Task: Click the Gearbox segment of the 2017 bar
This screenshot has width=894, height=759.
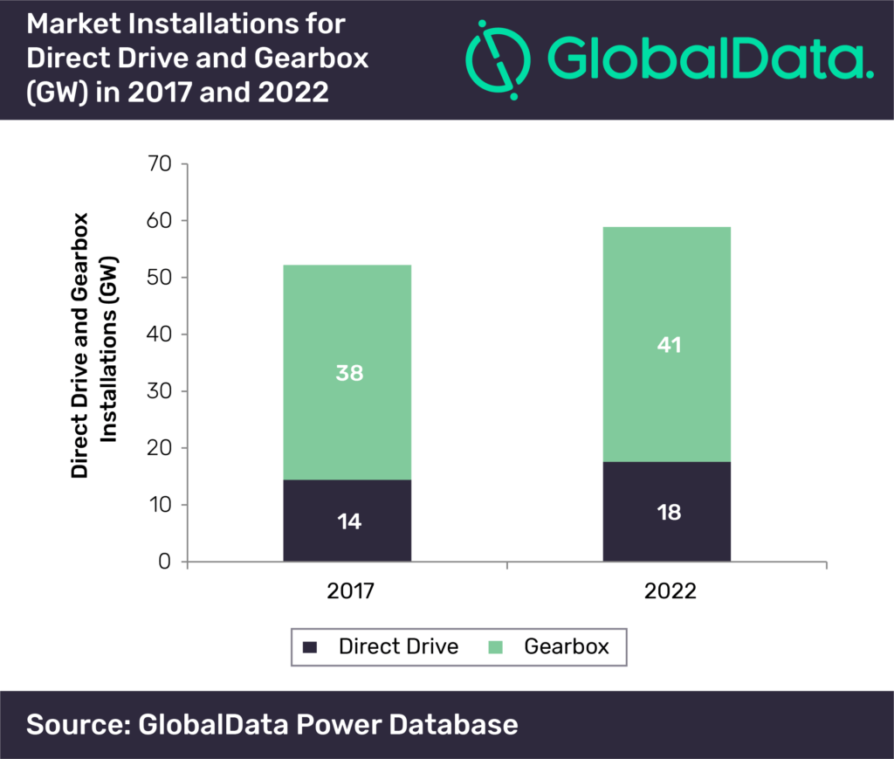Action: (347, 372)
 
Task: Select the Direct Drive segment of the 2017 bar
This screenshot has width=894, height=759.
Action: (347, 521)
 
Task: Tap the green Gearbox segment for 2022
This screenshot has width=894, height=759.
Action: (666, 344)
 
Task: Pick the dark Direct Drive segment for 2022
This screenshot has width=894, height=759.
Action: (666, 512)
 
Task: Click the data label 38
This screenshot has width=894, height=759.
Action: (349, 373)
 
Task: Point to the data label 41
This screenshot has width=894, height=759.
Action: (670, 344)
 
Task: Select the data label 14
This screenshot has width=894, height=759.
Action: (349, 521)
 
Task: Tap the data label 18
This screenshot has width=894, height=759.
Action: (669, 512)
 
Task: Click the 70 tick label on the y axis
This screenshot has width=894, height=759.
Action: (159, 163)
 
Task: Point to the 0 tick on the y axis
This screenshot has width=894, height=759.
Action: (165, 562)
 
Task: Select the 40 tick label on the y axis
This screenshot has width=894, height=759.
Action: (159, 335)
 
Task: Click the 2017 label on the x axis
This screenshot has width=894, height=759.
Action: (350, 590)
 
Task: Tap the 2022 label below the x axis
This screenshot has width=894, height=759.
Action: (670, 590)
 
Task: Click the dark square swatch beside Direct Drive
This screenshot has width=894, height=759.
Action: (310, 647)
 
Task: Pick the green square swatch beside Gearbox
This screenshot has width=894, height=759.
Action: (496, 647)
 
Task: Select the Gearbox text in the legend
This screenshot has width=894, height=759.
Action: (567, 646)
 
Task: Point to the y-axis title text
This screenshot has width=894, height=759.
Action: (93, 346)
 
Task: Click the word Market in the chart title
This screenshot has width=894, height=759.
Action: (73, 24)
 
